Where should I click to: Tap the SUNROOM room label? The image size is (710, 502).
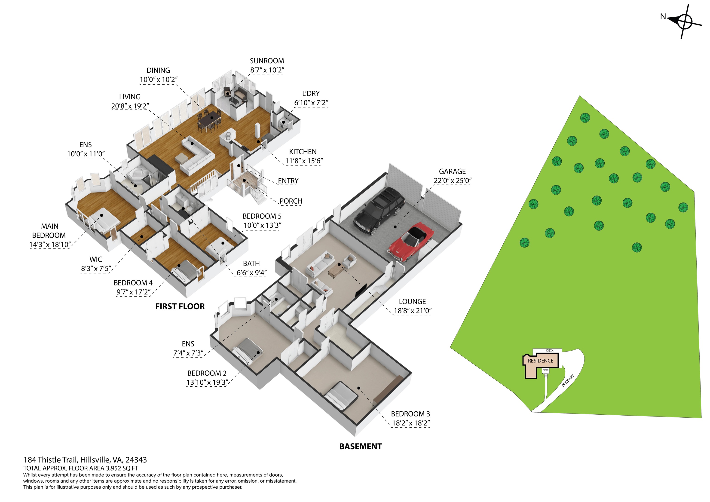(267, 61)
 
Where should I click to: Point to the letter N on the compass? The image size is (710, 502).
(663, 16)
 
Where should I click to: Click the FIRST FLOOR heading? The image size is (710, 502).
(180, 306)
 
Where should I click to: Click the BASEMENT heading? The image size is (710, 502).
(361, 447)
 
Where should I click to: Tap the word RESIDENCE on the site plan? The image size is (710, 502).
(541, 361)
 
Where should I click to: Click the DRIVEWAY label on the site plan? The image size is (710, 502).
(568, 381)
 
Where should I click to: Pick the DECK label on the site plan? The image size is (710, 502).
(550, 350)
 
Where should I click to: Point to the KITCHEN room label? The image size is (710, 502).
(303, 152)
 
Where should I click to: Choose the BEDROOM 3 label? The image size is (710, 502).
(410, 414)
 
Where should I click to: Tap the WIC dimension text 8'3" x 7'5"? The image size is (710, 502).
(96, 269)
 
